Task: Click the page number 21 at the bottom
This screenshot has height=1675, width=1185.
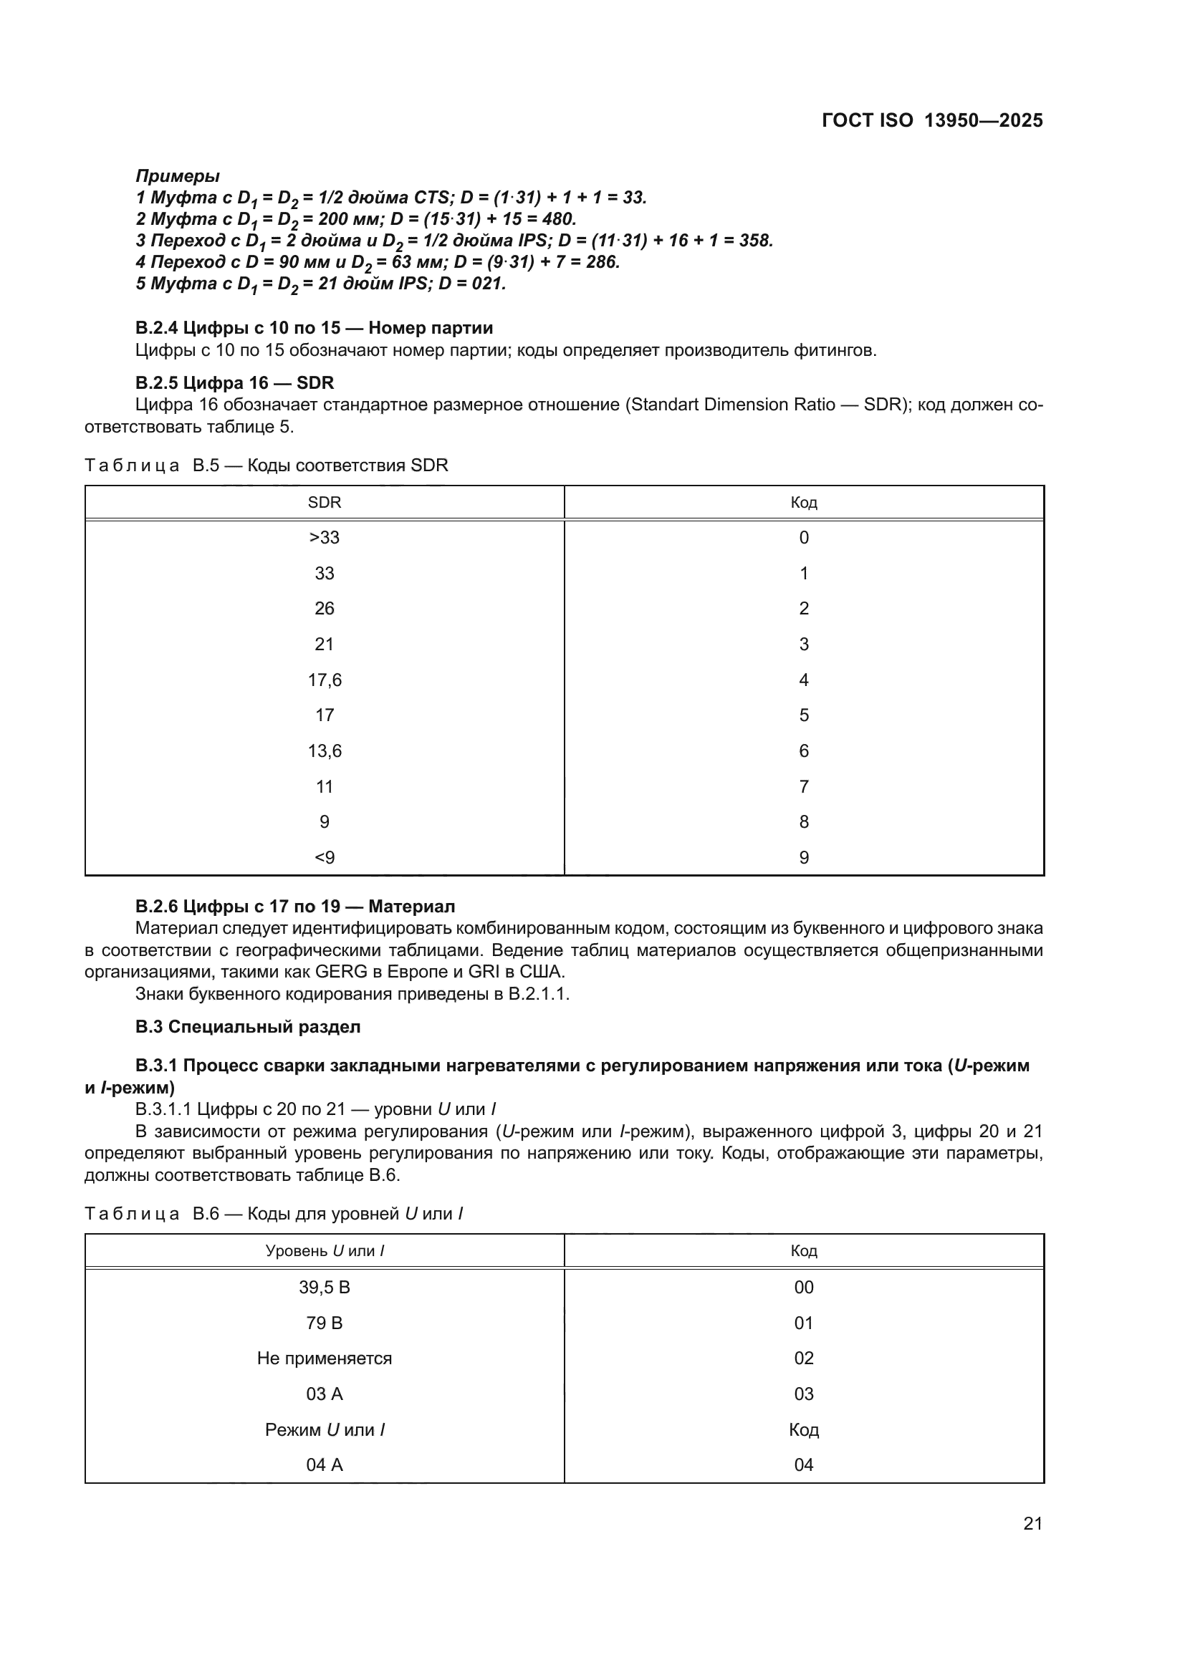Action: tap(1032, 1522)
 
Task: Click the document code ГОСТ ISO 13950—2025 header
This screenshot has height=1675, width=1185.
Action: tap(932, 121)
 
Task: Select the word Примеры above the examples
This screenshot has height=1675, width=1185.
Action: tap(177, 176)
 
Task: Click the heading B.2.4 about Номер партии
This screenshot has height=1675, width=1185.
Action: tap(314, 327)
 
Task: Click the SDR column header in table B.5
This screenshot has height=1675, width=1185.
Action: tap(324, 503)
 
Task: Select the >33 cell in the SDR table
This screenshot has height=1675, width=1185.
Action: tap(324, 538)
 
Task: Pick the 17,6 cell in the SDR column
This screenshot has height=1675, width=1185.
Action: tap(324, 680)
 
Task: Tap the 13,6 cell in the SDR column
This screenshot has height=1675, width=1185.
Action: tap(324, 750)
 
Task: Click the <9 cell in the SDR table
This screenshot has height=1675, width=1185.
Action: tap(324, 857)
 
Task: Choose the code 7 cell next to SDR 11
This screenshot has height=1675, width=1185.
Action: tap(803, 786)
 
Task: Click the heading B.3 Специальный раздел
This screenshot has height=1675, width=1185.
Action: tap(248, 1026)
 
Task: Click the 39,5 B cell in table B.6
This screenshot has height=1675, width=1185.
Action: tap(324, 1287)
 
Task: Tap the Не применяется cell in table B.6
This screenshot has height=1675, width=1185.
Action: tap(324, 1358)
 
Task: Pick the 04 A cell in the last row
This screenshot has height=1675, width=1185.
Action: tap(324, 1464)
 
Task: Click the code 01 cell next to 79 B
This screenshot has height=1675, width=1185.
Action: tap(803, 1323)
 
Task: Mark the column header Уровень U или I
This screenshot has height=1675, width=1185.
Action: tap(324, 1250)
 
